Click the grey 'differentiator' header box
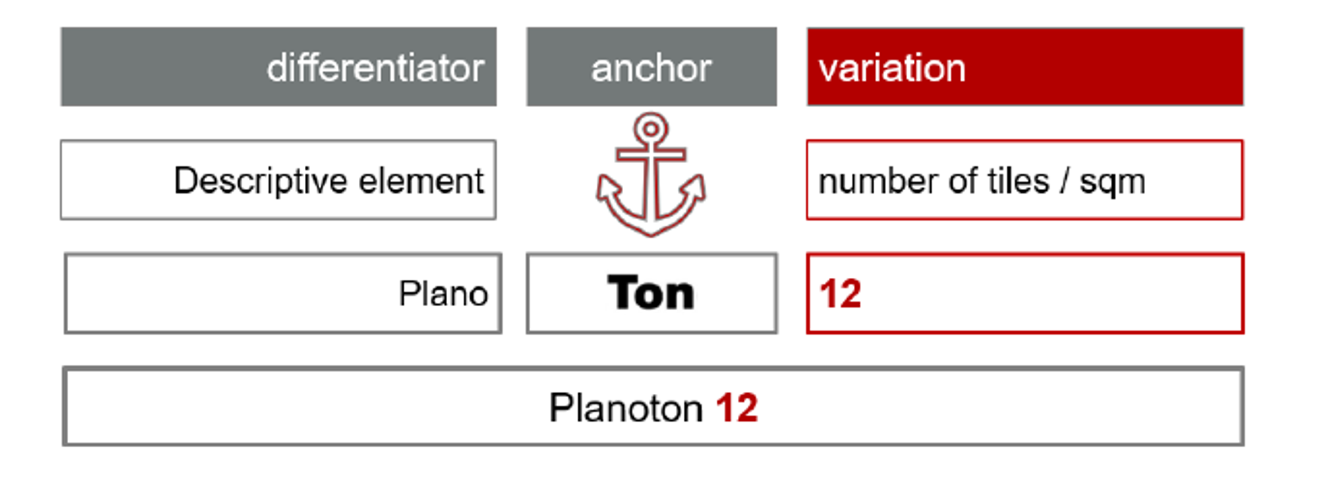click(279, 67)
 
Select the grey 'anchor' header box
click(652, 67)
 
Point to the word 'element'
click(421, 181)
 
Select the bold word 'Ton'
click(651, 293)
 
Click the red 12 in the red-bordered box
click(840, 294)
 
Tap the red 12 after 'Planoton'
click(737, 408)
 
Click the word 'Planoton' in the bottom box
click(626, 408)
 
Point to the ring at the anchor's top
click(651, 127)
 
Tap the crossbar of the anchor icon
click(651, 154)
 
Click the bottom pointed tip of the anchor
click(651, 235)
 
